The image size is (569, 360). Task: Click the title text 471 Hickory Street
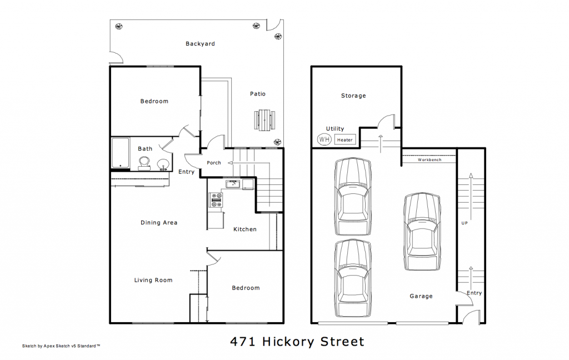[x=297, y=341]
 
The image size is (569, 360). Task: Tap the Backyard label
[x=200, y=43]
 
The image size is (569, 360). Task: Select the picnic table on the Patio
[x=265, y=119]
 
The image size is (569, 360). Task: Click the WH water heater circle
[x=324, y=139]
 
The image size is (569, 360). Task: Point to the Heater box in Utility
[x=345, y=140]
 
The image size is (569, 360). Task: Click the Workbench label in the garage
[x=429, y=159]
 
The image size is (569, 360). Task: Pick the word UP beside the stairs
[x=465, y=223]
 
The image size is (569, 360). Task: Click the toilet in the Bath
[x=144, y=163]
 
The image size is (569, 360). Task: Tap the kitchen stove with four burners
[x=216, y=200]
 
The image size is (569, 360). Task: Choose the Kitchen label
[x=244, y=229]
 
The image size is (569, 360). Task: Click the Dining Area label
[x=159, y=223]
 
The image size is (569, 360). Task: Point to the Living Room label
[x=153, y=280]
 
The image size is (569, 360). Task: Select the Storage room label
[x=353, y=96]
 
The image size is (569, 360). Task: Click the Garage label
[x=421, y=296]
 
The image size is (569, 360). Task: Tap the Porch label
[x=214, y=163]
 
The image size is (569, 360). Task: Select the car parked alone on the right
[x=422, y=232]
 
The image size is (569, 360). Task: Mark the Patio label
[x=257, y=94]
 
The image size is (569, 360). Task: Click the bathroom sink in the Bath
[x=163, y=164]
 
